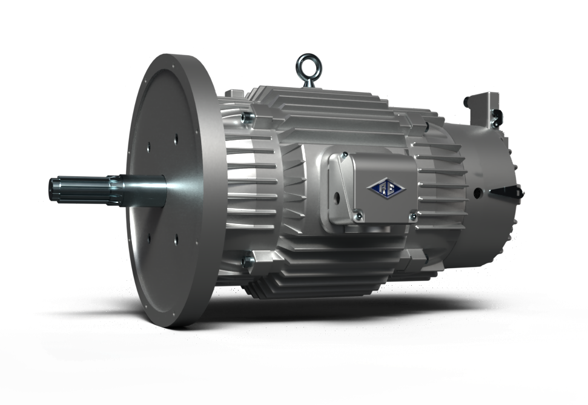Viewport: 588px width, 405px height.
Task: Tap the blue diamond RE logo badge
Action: [x=386, y=188]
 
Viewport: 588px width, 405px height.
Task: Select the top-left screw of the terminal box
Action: [x=343, y=156]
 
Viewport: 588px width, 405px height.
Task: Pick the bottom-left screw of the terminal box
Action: [x=358, y=213]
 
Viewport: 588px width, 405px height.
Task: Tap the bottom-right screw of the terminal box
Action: [x=413, y=216]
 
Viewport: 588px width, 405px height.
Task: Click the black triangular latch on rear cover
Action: [x=506, y=193]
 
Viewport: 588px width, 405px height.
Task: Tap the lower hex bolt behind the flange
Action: [x=247, y=262]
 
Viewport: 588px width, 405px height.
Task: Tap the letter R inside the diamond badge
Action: [x=382, y=188]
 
